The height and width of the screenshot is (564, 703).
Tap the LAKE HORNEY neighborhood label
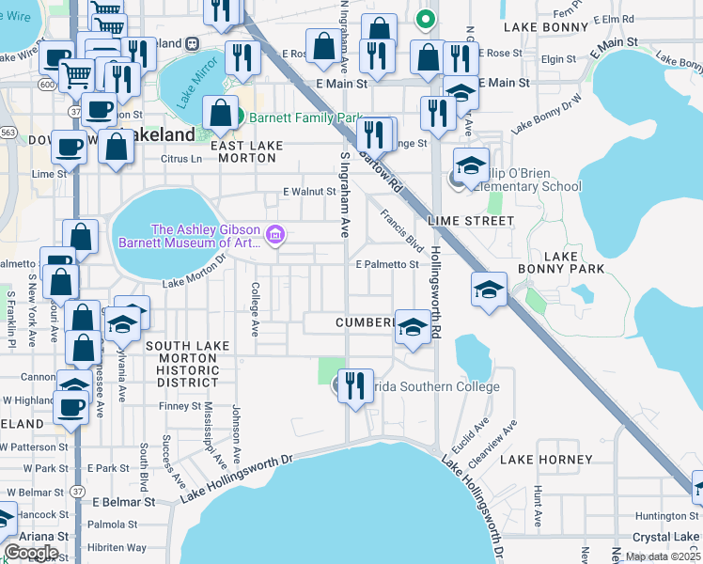tap(546, 460)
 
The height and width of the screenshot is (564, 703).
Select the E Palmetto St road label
tap(386, 265)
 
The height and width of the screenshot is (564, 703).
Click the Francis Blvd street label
tap(402, 228)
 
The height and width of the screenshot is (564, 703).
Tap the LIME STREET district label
tap(471, 221)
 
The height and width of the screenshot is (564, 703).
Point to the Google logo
tap(31, 553)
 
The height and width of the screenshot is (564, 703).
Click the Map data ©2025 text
tap(662, 556)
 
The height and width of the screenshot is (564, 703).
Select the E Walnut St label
tap(310, 192)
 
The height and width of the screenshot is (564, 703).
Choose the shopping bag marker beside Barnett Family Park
tap(220, 115)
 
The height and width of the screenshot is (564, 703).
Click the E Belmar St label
tap(122, 502)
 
